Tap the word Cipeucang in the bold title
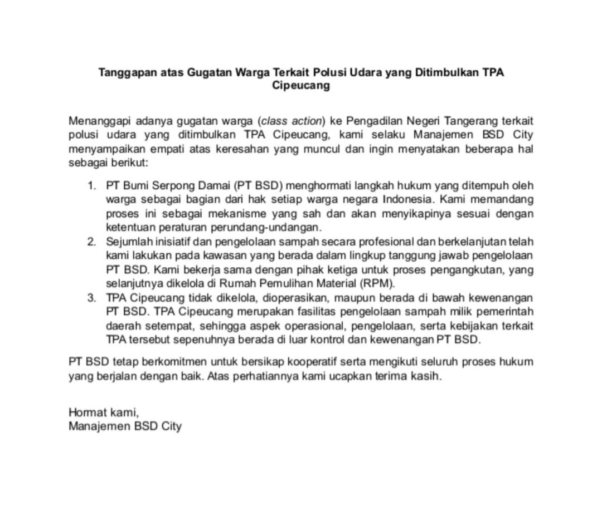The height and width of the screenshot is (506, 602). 301,86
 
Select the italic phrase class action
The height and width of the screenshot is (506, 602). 292,121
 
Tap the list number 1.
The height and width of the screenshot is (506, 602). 91,185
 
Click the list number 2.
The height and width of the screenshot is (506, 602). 91,242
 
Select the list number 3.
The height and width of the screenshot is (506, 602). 91,298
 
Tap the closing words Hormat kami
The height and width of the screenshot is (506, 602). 103,412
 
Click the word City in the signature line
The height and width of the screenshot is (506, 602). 171,427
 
